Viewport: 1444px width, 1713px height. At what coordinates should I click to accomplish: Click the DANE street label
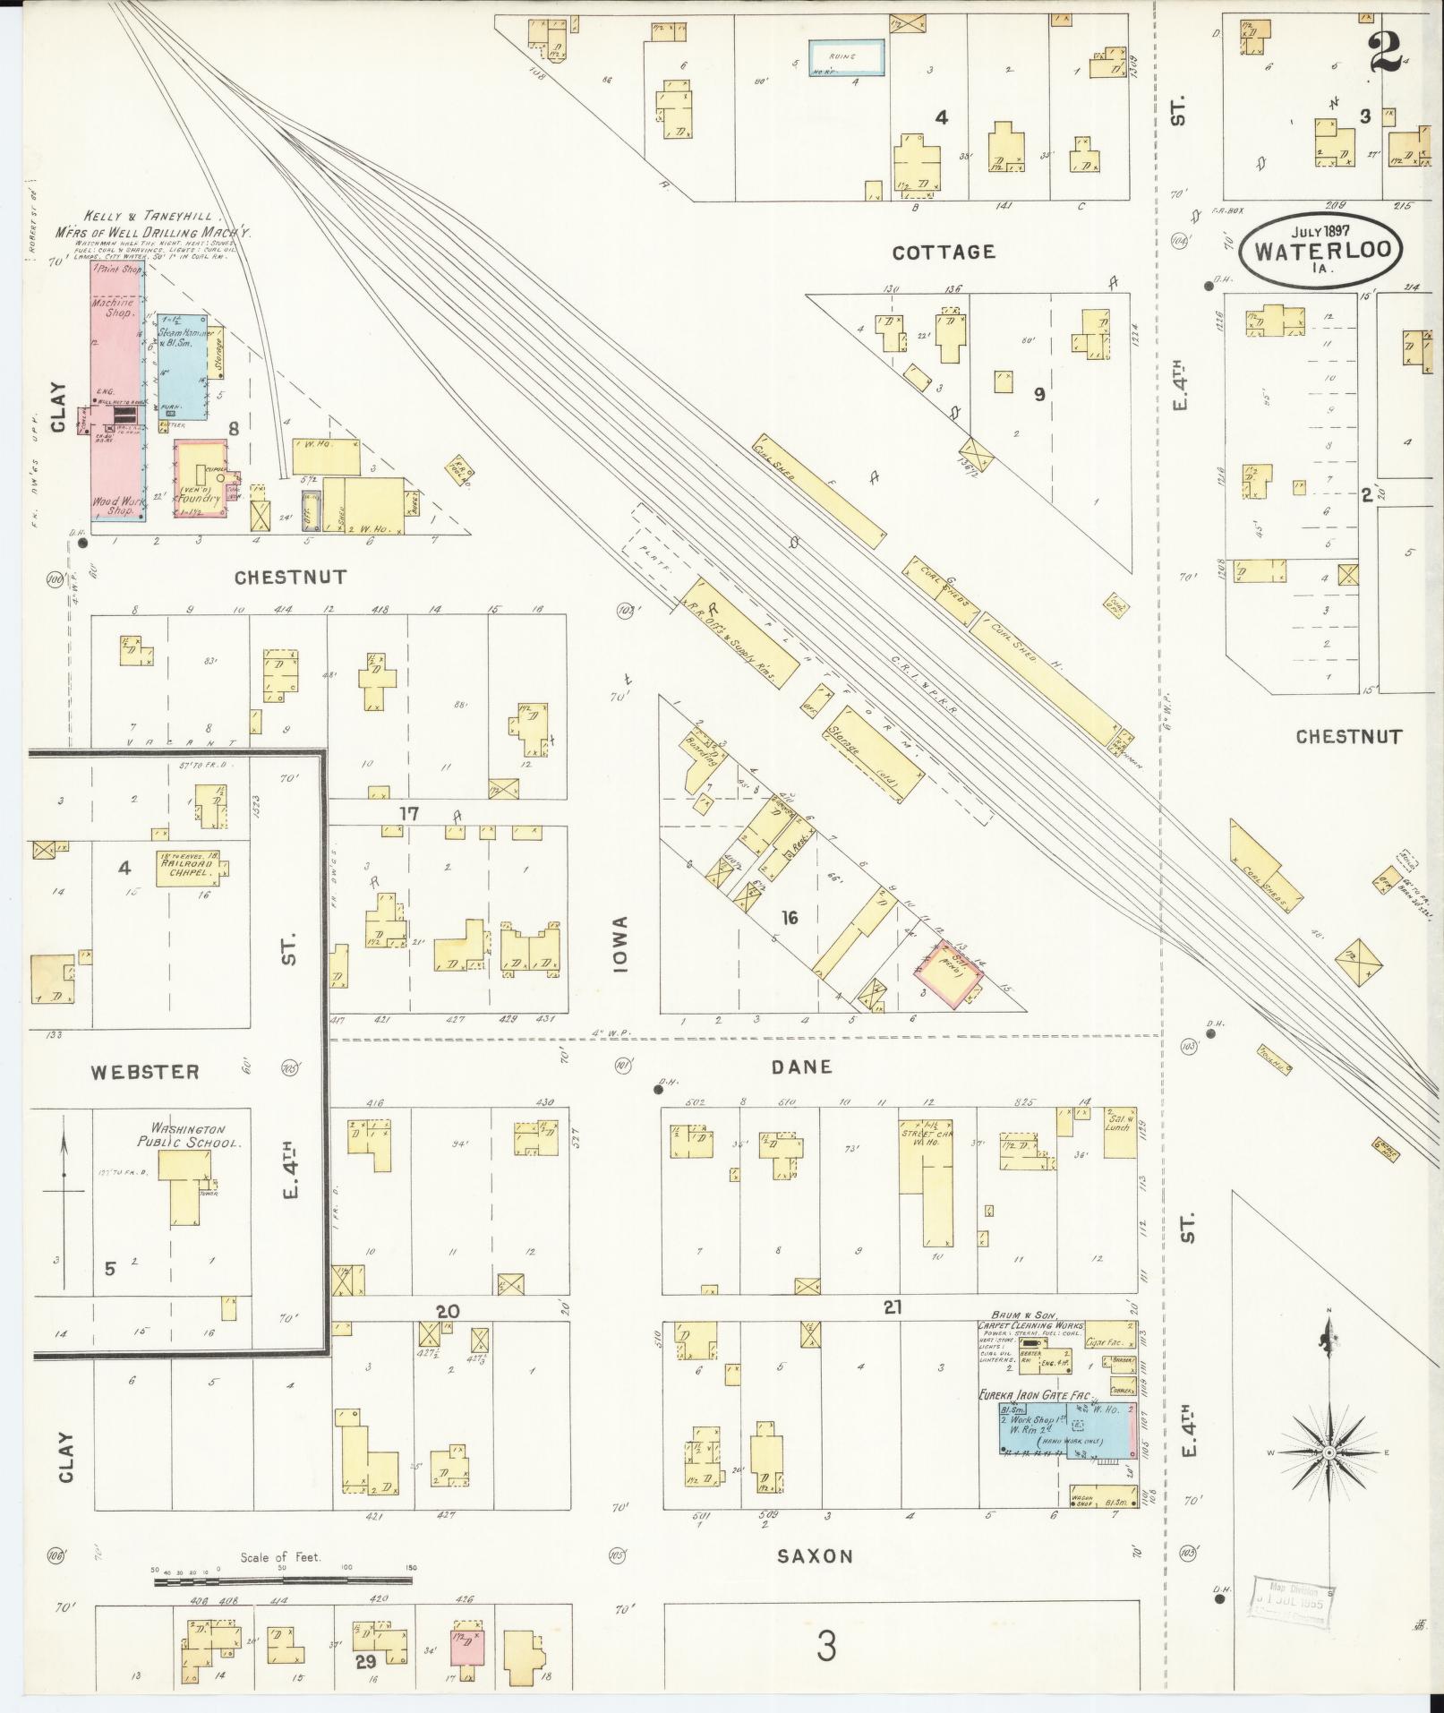click(x=801, y=1066)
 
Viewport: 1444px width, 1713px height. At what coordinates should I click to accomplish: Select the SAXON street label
click(x=815, y=1555)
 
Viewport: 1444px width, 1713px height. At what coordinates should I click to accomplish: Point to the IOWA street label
click(x=621, y=944)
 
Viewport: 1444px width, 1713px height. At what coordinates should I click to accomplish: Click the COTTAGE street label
click(x=944, y=253)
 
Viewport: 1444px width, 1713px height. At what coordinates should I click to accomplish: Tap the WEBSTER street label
click(x=144, y=1071)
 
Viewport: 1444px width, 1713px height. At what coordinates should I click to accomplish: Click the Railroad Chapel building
click(x=188, y=868)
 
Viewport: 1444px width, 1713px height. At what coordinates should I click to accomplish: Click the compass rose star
click(x=1329, y=1452)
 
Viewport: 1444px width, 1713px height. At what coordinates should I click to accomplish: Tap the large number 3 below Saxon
click(x=826, y=1645)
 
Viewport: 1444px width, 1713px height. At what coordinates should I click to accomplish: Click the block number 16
click(x=789, y=918)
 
